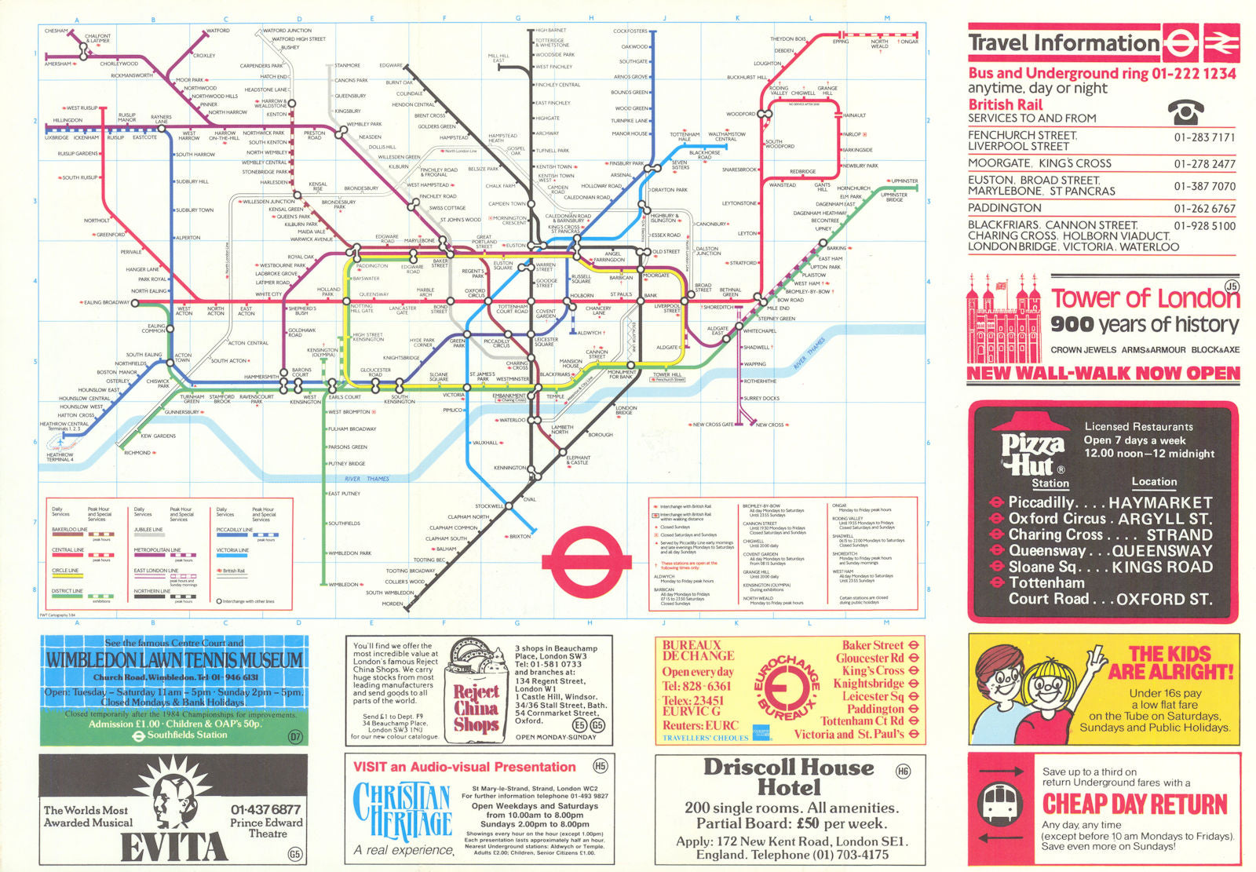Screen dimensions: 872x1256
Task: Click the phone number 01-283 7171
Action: coord(1204,137)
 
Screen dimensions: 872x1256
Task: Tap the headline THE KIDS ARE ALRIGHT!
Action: coord(1170,663)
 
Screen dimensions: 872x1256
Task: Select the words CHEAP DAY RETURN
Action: coord(1134,805)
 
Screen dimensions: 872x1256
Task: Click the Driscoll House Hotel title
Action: coord(788,776)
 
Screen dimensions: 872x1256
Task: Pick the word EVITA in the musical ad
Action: coord(173,847)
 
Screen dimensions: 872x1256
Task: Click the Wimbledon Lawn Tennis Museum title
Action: coord(173,660)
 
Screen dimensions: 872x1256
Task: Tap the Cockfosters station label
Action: coord(630,31)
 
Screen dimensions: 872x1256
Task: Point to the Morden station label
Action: coord(392,604)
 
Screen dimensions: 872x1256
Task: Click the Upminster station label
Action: coord(904,181)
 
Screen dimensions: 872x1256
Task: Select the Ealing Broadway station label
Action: coord(107,302)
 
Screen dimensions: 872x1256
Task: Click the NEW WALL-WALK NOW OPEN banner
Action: coord(1103,374)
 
